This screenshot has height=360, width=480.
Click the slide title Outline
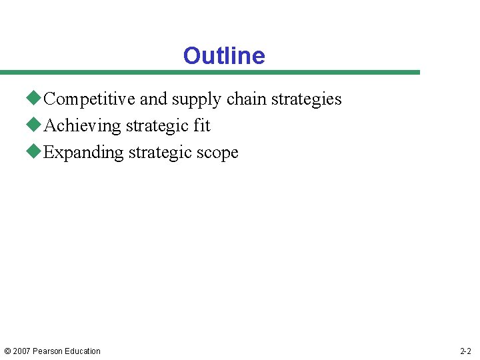[x=224, y=56]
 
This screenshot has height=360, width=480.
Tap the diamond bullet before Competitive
[x=35, y=99]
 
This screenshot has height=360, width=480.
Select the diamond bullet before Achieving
[x=35, y=125]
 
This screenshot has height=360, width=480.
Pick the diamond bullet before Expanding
[x=35, y=152]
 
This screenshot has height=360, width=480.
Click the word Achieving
[x=82, y=126]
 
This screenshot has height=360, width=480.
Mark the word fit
[x=202, y=126]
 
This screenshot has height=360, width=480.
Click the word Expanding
[x=83, y=153]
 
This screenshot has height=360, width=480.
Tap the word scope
[x=217, y=153]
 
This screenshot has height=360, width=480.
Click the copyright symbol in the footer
[x=7, y=351]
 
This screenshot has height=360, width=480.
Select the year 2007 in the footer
[x=21, y=351]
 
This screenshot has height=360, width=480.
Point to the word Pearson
[x=48, y=351]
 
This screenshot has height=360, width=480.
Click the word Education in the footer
[x=83, y=351]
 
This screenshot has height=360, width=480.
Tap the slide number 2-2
[x=465, y=351]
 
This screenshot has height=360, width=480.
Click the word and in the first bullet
[x=153, y=99]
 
